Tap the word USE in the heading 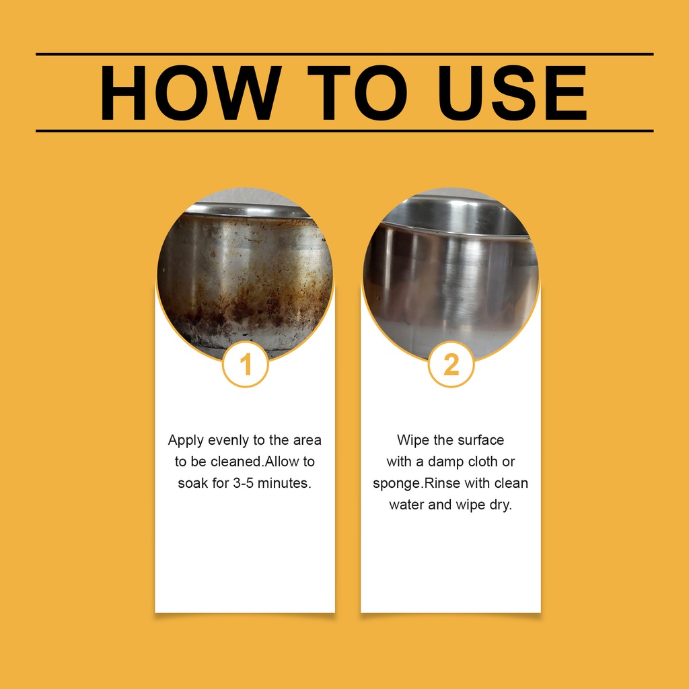[512, 93]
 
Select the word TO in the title [357, 93]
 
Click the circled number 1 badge [245, 364]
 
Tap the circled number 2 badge [451, 364]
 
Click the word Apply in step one [186, 440]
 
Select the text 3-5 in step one [244, 483]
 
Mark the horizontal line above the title [344, 54]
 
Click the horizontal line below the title [344, 131]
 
